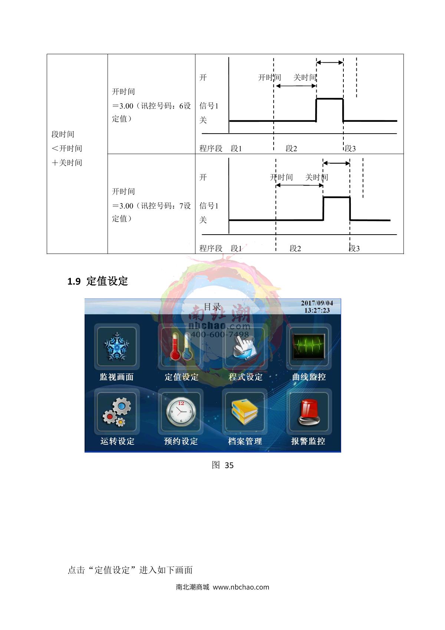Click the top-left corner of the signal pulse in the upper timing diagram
coord(316,99)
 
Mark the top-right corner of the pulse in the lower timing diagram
coord(350,198)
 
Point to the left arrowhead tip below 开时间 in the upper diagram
coord(276,86)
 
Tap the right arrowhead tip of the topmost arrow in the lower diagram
coord(350,163)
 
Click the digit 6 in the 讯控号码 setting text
coord(181,106)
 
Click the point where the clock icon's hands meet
coord(181,411)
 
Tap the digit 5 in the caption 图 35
coord(231,466)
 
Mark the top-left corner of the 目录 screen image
coord(85,299)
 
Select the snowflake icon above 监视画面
coord(116,346)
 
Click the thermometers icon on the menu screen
coord(181,346)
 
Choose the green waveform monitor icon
coord(309,346)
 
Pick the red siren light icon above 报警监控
coord(309,412)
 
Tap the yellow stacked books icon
coord(244,412)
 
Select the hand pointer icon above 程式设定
coord(245,347)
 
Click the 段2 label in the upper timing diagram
coord(291,148)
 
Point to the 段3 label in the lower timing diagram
coord(354,248)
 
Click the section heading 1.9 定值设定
coord(98,281)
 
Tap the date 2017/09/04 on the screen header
coord(317,303)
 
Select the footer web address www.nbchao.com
coord(241,587)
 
